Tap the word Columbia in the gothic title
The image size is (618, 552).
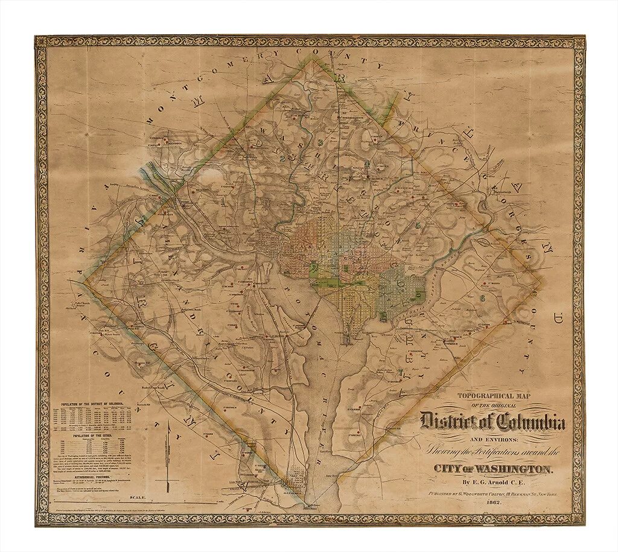click(x=529, y=422)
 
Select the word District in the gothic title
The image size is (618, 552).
click(x=451, y=421)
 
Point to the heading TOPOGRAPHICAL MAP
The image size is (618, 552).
click(x=493, y=396)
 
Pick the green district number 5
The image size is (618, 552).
click(x=418, y=225)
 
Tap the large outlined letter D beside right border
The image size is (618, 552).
click(x=558, y=314)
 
